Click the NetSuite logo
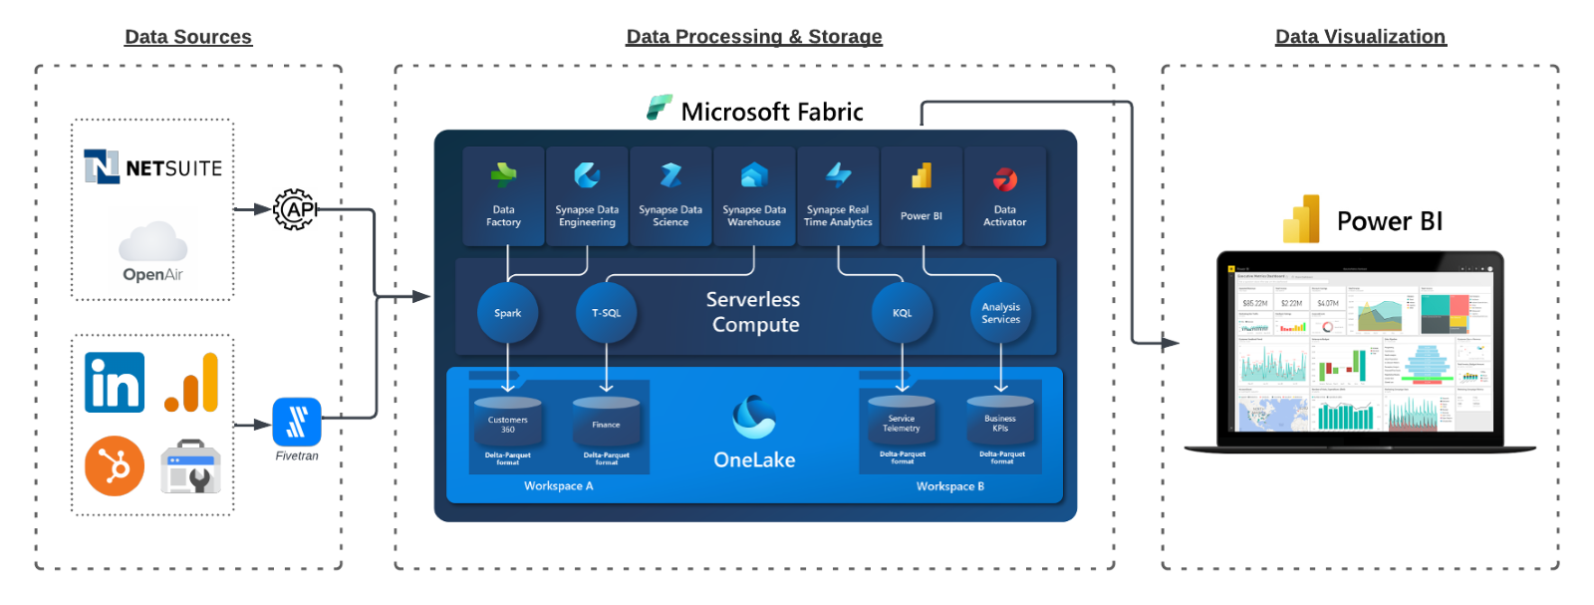(152, 166)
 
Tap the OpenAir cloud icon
(152, 242)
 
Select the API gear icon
(295, 209)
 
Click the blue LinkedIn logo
(115, 382)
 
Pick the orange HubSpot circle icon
(115, 465)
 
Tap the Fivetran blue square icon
(297, 422)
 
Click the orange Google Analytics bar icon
(191, 383)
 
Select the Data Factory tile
(503, 195)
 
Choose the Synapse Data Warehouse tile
(754, 195)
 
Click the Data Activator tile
(1004, 195)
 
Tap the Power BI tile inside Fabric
(922, 195)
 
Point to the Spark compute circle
(507, 313)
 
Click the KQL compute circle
(902, 313)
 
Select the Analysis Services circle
(1000, 313)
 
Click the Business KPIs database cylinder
(1000, 420)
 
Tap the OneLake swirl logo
(754, 417)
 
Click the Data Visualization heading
(1360, 37)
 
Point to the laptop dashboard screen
(1360, 349)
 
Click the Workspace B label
(949, 486)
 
